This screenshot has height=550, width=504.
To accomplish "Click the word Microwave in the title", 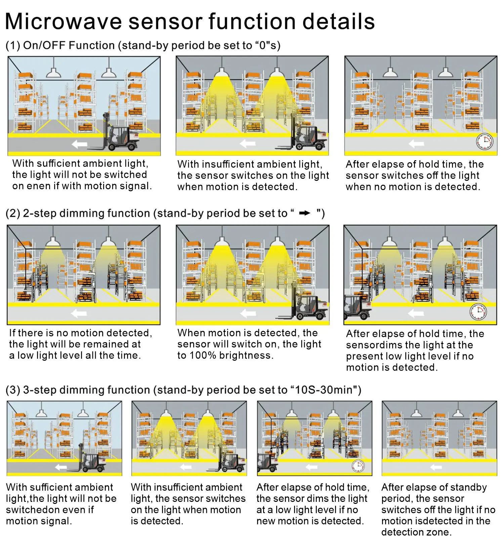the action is click(64, 22).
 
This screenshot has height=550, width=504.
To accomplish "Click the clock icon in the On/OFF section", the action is click(485, 142).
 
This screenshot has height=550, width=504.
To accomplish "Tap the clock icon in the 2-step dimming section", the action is click(478, 312).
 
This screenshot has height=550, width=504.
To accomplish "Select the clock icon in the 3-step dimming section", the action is click(358, 466).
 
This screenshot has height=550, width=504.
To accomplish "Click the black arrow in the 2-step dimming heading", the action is click(305, 213).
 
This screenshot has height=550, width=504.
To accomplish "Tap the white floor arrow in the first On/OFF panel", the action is click(80, 145).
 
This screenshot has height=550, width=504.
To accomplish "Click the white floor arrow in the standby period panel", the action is click(436, 467).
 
